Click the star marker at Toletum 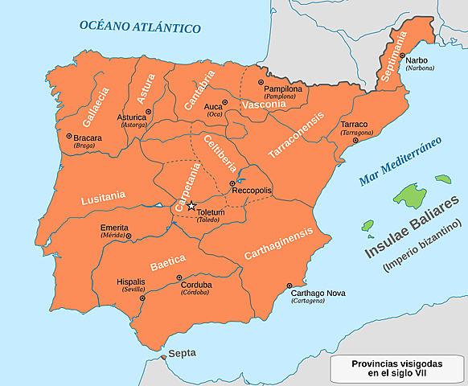click(x=191, y=207)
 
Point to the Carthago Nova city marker click(x=289, y=285)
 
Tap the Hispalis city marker click(x=142, y=298)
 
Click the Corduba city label click(x=195, y=284)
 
